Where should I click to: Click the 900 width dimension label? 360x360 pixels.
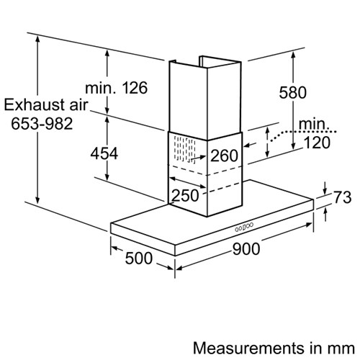[246, 248]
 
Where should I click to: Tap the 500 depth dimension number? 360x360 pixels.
[139, 258]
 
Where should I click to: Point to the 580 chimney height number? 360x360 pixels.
[292, 92]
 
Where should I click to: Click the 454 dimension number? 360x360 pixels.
[104, 153]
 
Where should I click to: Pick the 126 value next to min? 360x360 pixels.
[135, 88]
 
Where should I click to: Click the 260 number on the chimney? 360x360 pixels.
[224, 156]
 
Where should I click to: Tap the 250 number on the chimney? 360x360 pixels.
[186, 195]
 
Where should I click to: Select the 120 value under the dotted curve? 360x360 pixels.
[317, 143]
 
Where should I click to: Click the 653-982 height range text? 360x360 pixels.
[42, 124]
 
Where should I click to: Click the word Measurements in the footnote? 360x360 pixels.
[248, 348]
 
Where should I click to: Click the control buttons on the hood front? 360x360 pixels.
[243, 228]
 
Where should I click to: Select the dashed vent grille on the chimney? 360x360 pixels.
[184, 149]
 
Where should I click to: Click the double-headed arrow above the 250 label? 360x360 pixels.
[187, 183]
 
